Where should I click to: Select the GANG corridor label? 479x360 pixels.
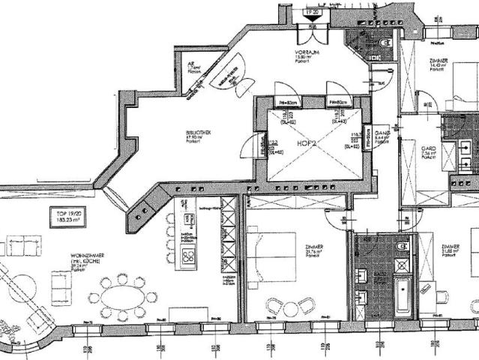[x=381, y=135]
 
